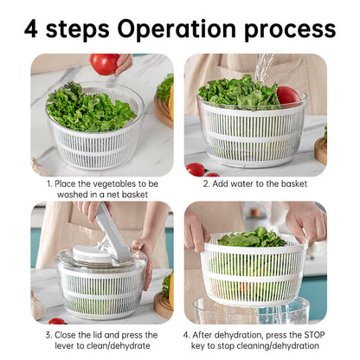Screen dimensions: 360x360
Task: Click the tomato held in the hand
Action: tap(104, 63)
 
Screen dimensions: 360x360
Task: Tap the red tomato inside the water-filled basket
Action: tap(287, 95)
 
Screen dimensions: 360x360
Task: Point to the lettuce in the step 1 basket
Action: tap(88, 110)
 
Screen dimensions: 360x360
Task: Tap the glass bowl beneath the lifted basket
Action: tap(251, 312)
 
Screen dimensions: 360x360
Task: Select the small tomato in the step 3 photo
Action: tap(56, 321)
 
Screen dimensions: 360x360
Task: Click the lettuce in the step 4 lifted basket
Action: tap(251, 238)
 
